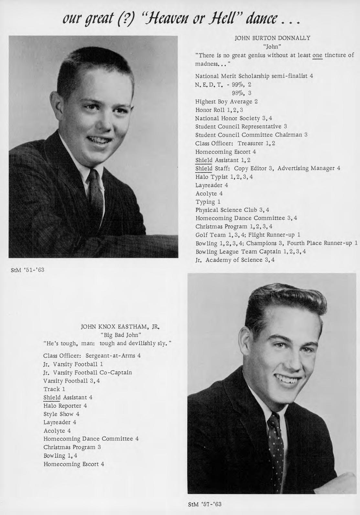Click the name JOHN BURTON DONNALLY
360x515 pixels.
[272, 38]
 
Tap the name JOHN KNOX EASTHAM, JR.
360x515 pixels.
[120, 327]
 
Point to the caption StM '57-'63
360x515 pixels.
[205, 504]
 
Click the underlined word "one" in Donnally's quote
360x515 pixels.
[317, 55]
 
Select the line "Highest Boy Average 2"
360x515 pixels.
[226, 102]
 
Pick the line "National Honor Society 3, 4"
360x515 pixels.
[234, 118]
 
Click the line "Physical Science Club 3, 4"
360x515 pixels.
[232, 210]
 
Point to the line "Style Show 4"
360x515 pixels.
[61, 414]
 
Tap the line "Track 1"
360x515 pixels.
[54, 389]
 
